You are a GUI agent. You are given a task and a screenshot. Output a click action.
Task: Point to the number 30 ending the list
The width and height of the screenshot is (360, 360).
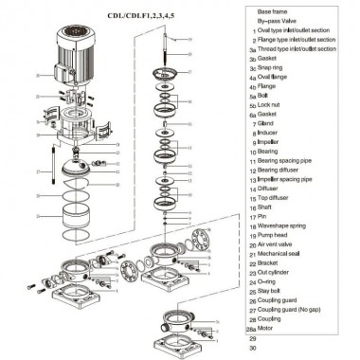click(253, 350)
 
